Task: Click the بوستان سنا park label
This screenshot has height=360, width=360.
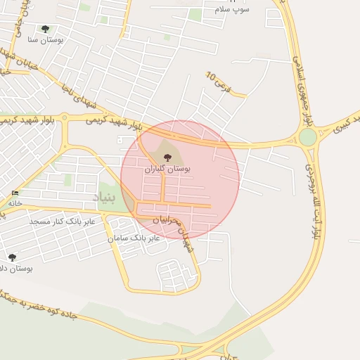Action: [46, 40]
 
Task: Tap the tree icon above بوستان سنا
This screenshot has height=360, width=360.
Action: [46, 29]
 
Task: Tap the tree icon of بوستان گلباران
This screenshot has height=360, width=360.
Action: [167, 157]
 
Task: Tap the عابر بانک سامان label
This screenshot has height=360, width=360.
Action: [134, 238]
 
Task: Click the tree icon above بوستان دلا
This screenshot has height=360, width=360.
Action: [12, 257]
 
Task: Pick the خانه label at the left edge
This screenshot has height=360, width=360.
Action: [15, 202]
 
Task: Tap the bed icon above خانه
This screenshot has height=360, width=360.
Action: [15, 193]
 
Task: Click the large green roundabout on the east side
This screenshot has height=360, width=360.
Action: [308, 136]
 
